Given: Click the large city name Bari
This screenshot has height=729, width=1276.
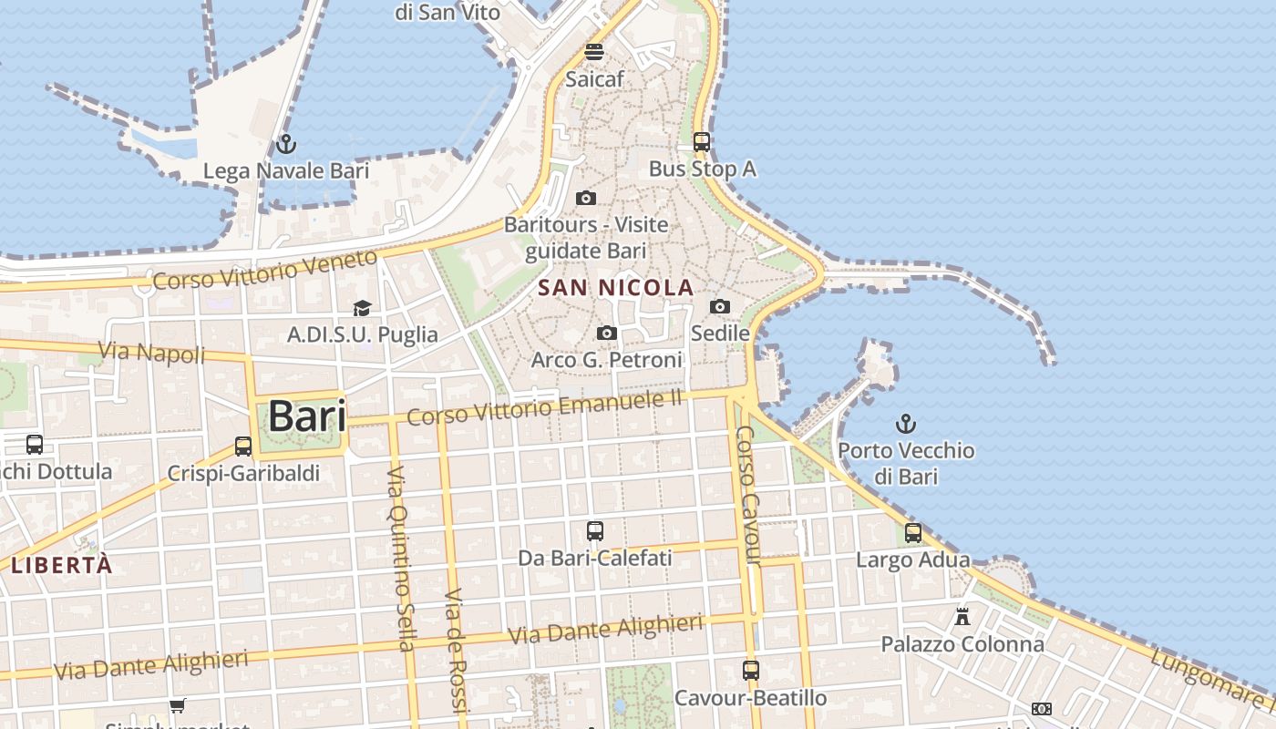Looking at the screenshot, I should point(307,416).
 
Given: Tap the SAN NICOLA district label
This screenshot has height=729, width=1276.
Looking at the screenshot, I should point(616,288).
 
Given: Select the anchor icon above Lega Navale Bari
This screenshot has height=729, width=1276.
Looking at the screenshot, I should point(286,144).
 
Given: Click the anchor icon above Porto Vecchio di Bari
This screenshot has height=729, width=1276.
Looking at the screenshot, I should point(905,424).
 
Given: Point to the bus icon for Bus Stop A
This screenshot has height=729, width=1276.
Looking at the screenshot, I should point(702,142).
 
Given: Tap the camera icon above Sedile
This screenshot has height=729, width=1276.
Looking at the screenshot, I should point(720,306).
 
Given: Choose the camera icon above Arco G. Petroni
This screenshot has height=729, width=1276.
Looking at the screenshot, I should point(607,334).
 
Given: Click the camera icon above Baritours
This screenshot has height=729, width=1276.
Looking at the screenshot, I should point(586,198).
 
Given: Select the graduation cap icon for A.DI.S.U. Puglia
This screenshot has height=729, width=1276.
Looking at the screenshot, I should point(363,308).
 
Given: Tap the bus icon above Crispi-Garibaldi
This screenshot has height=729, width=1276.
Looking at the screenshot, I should point(243,447).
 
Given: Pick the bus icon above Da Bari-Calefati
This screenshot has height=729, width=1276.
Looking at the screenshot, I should point(595,530).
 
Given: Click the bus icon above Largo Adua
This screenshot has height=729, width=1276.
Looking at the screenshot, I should point(913,533).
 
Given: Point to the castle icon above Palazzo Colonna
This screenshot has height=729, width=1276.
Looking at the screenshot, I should point(962,617).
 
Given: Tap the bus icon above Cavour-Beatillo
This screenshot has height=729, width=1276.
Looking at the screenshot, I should point(751,671).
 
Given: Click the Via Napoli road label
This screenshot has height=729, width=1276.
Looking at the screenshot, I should point(151,351).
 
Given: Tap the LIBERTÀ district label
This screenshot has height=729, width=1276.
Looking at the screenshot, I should point(62,565).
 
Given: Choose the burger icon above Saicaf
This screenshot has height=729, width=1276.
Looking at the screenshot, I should point(594,52).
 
